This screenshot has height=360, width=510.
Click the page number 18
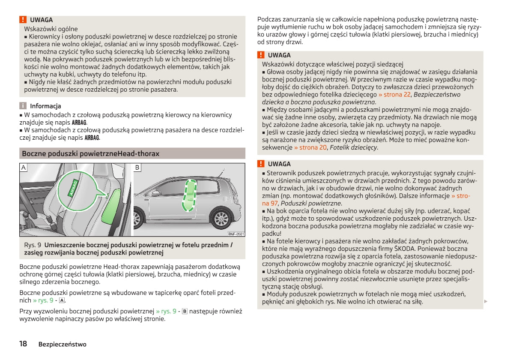click(23, 344)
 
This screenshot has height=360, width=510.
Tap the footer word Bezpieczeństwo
click(62, 344)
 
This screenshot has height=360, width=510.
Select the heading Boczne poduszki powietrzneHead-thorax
click(90, 153)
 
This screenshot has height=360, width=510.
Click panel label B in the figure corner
click(137, 167)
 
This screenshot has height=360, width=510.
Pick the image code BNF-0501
click(236, 234)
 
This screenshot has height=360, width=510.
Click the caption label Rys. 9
click(33, 245)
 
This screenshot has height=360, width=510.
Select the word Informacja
click(45, 106)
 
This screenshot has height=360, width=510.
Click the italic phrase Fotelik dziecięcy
click(354, 147)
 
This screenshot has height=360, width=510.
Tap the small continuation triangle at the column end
click(486, 302)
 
